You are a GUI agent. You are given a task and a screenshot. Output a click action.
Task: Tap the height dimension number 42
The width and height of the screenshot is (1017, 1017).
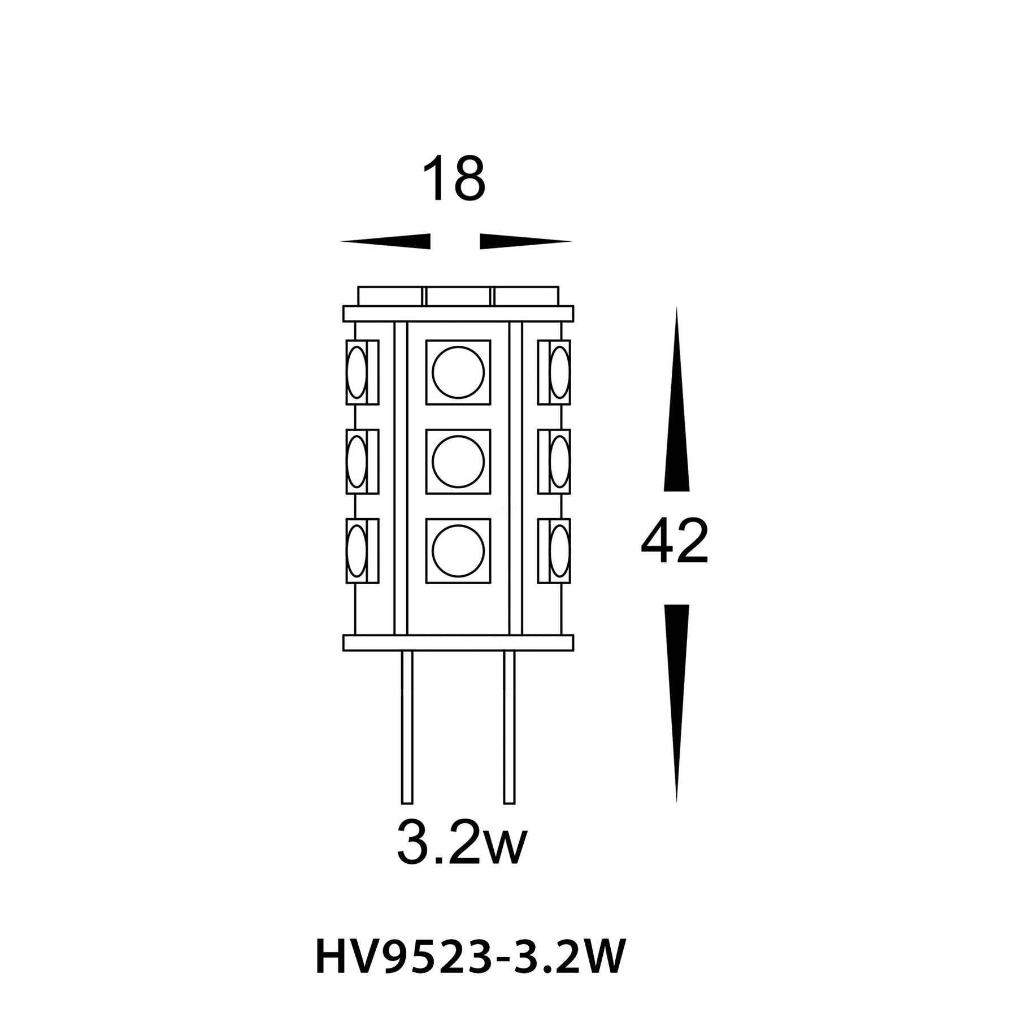tap(675, 542)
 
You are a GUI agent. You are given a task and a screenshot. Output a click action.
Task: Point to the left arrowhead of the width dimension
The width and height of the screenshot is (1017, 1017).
tap(385, 241)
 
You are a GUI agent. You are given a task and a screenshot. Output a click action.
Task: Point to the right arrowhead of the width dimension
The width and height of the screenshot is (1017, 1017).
tap(526, 241)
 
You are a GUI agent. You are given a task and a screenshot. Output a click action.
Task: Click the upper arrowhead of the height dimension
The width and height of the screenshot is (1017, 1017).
tap(676, 399)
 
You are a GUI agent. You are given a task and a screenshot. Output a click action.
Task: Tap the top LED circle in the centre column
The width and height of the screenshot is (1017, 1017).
tap(458, 372)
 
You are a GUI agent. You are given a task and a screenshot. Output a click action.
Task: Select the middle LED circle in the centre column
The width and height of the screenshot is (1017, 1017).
tap(458, 461)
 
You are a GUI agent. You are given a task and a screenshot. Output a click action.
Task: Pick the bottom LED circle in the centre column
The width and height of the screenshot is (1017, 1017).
tap(458, 550)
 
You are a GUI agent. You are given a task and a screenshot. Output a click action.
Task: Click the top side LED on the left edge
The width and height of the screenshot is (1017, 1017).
tap(362, 372)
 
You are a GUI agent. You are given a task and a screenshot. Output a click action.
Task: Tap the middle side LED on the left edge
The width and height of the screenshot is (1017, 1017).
tap(362, 461)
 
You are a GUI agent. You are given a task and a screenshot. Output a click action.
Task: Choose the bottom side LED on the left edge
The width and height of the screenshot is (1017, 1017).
tap(362, 550)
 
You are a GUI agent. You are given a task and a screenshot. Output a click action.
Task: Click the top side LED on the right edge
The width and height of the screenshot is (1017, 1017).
tap(554, 372)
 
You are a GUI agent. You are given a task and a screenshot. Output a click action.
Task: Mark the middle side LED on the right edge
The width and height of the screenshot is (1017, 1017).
tap(554, 461)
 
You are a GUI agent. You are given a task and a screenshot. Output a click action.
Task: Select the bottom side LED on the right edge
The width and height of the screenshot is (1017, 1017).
tap(554, 550)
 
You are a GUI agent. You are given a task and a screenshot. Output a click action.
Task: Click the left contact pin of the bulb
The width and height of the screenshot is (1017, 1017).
tap(407, 727)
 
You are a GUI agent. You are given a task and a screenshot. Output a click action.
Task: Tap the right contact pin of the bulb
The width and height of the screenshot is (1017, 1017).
tap(509, 727)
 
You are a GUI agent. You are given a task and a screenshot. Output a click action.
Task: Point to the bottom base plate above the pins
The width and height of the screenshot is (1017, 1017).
tap(458, 642)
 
